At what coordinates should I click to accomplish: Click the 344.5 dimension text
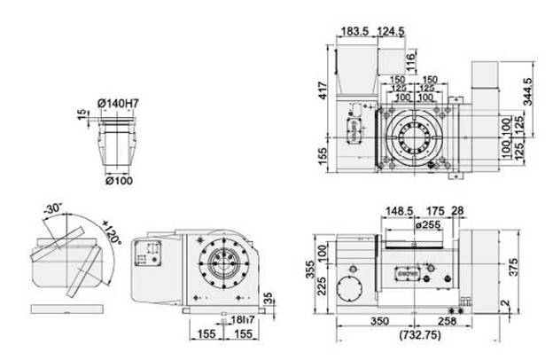click(528, 93)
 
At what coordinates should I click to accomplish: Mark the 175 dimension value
click(434, 211)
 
